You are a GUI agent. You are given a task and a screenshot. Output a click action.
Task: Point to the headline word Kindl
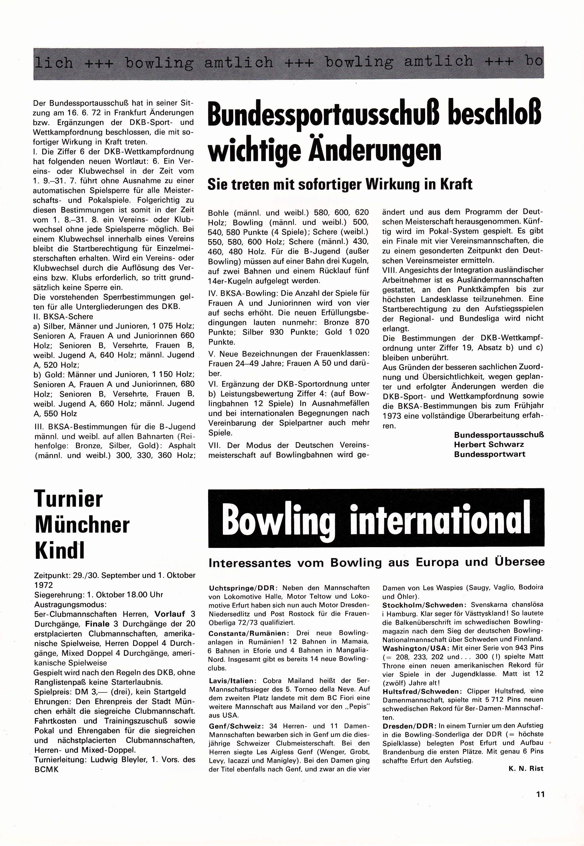tap(60, 550)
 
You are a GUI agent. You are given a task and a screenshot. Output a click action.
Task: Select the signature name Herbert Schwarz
tap(489, 445)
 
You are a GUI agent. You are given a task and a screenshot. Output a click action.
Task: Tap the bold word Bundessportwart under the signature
tap(490, 454)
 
